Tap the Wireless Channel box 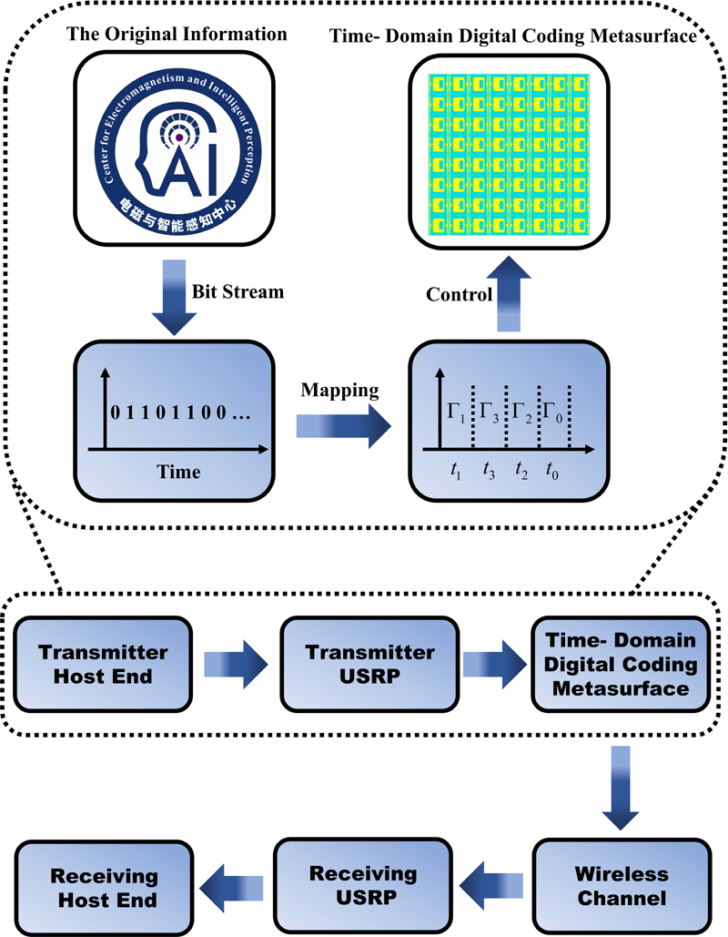[622, 886]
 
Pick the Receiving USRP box [363, 886]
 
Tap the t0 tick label [552, 472]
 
